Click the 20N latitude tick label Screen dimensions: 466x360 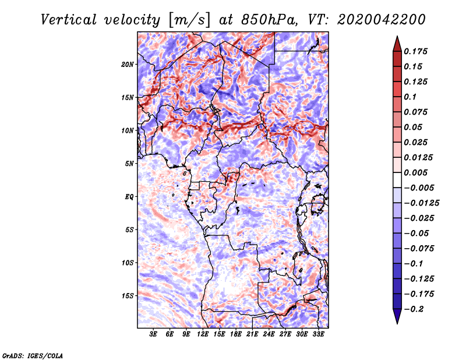127,65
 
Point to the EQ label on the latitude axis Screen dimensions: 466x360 129,197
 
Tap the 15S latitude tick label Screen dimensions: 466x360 128,296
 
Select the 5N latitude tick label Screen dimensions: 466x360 129,164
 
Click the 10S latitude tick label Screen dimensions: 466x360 128,263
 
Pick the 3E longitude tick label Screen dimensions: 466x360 153,334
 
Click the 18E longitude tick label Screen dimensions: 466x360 236,334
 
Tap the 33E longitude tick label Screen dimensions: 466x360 318,334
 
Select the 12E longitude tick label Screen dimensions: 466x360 203,334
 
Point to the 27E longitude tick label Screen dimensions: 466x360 285,334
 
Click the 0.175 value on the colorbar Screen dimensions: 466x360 415,51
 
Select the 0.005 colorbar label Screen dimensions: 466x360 415,172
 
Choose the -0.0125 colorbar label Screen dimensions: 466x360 421,203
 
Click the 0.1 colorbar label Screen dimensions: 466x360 410,97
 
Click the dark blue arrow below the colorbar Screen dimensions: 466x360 397,315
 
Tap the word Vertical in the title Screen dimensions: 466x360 69,20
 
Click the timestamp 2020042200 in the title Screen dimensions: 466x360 382,20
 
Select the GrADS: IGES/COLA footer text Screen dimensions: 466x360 33,356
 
